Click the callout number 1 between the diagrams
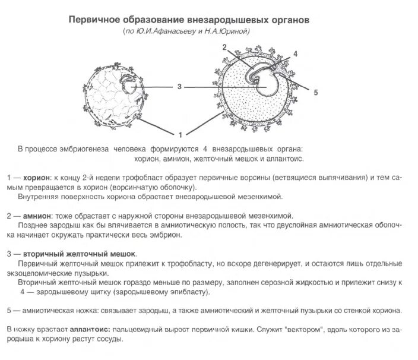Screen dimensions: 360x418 pos(181,133)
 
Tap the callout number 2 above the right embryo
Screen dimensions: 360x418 pos(225,47)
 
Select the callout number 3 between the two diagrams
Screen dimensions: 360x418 pos(179,87)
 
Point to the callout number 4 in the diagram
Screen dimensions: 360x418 pos(295,54)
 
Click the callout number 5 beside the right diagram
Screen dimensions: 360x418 pos(315,93)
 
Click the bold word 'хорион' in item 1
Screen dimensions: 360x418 pos(36,178)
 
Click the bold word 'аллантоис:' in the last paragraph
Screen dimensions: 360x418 pos(92,329)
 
